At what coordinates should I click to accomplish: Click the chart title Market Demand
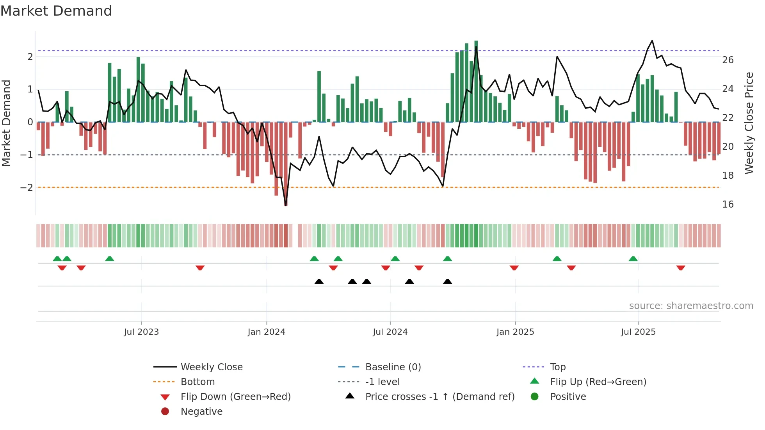pos(56,11)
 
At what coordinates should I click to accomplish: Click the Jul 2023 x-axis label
pos(141,332)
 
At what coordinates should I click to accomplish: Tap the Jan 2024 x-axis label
pos(266,332)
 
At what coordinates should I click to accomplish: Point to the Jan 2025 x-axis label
pos(515,332)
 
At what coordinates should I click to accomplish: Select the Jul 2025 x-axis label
pos(638,332)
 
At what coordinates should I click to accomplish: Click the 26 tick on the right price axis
pos(728,60)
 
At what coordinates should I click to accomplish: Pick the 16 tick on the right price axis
pos(728,204)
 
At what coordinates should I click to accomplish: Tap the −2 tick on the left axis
pos(27,188)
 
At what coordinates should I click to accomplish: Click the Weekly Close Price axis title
pos(749,123)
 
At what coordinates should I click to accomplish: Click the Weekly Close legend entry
pos(211,367)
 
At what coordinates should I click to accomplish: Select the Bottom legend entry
pos(197,382)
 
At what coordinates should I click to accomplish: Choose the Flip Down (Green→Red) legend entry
pos(235,397)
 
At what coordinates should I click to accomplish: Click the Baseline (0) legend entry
pos(393,367)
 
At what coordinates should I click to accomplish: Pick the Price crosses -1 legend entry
pos(439,397)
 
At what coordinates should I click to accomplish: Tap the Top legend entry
pos(557,367)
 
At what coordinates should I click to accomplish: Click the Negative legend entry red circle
pos(165,412)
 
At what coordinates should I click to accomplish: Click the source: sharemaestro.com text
pos(691,306)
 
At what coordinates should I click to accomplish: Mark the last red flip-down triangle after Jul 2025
pos(681,268)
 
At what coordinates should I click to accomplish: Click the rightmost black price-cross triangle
pos(448,282)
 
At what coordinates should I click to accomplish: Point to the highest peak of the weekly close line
pos(652,41)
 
